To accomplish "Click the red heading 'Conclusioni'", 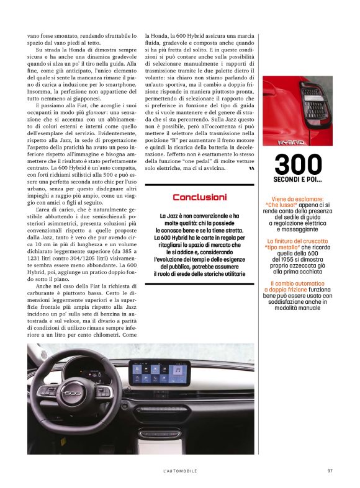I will point(199,197).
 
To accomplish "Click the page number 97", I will point(330,471).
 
